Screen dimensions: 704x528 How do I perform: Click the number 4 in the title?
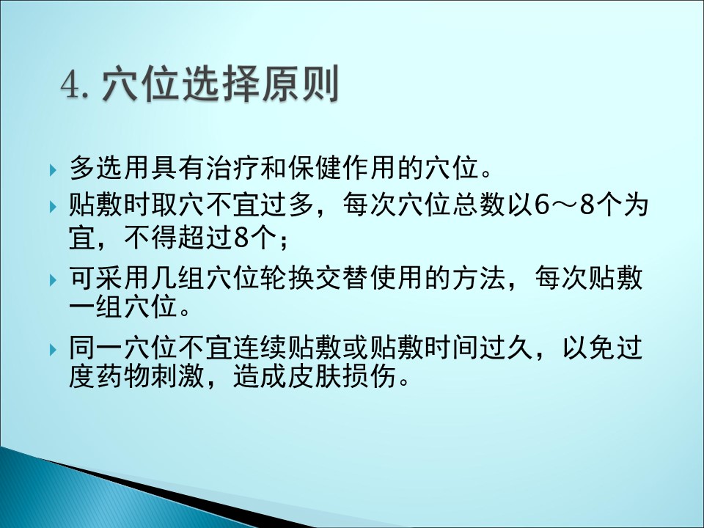point(70,84)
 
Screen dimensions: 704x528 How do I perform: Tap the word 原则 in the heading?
point(301,84)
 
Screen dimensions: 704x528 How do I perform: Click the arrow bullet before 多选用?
point(54,170)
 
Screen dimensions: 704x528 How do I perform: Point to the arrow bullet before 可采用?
point(54,280)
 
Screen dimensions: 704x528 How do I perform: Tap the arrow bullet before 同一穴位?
point(54,349)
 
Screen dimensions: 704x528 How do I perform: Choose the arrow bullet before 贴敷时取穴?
point(54,207)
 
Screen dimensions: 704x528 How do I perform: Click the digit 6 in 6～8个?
point(542,205)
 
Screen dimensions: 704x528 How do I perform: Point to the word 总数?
point(479,205)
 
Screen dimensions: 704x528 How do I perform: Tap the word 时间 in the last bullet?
point(452,348)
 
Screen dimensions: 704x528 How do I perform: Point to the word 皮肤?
point(315,375)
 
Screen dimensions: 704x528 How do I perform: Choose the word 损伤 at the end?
point(370,375)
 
